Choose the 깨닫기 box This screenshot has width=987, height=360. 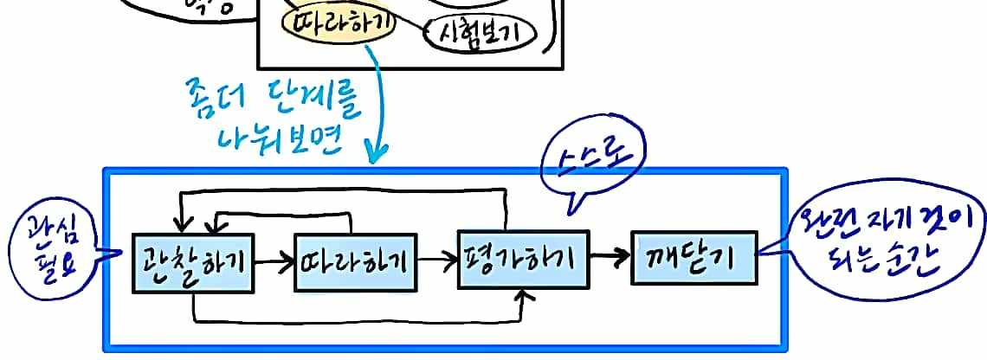pos(693,258)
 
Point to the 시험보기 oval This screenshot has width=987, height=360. pos(481,32)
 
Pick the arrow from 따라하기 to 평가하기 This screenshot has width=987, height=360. pos(436,259)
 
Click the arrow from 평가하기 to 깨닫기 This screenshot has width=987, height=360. pos(610,256)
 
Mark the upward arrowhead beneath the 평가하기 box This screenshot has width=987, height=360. pos(523,297)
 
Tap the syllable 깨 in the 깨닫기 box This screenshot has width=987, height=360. pos(663,258)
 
